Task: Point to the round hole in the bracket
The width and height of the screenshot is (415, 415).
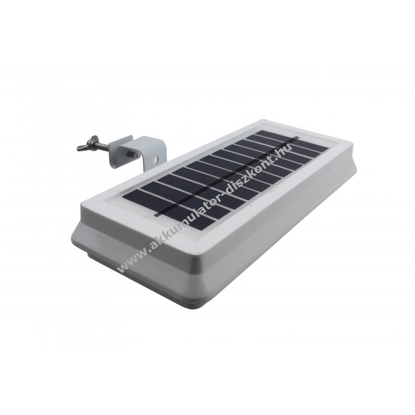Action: pos(156,160)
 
